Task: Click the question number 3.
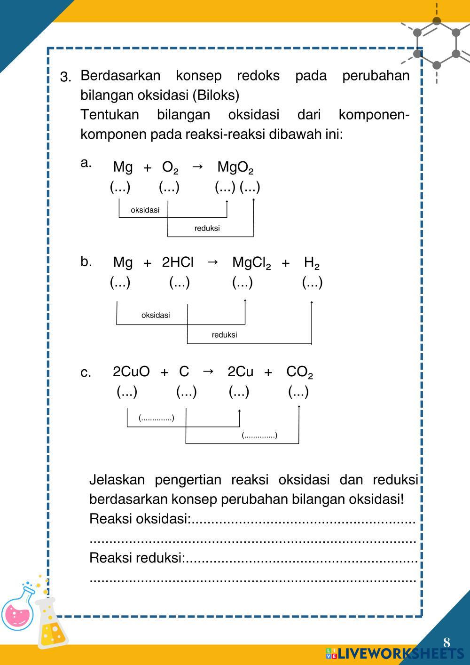pyautogui.click(x=65, y=77)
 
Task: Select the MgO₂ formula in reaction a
pyautogui.click(x=235, y=167)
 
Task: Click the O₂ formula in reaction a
pyautogui.click(x=170, y=167)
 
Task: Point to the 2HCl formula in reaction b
pyautogui.click(x=177, y=262)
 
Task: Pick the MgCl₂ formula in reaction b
pyautogui.click(x=251, y=263)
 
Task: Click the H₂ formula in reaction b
pyautogui.click(x=312, y=263)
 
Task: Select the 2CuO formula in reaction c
pyautogui.click(x=131, y=372)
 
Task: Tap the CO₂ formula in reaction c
pyautogui.click(x=299, y=372)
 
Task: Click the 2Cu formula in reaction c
pyautogui.click(x=240, y=372)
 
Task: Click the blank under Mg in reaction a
pyautogui.click(x=120, y=187)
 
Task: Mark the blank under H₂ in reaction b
pyautogui.click(x=312, y=282)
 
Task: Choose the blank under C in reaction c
pyautogui.click(x=186, y=391)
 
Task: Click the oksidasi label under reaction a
pyautogui.click(x=145, y=210)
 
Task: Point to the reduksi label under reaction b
pyautogui.click(x=224, y=335)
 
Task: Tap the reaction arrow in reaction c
pyautogui.click(x=208, y=372)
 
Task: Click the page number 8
pyautogui.click(x=446, y=642)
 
